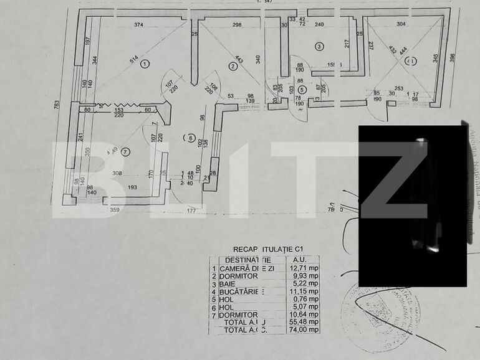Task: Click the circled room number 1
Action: tap(145, 64)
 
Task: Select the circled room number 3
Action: tap(319, 46)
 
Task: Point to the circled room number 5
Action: tap(302, 88)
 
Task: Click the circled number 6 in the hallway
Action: tap(191, 138)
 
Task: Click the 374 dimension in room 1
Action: tap(138, 25)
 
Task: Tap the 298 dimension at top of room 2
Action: tap(236, 25)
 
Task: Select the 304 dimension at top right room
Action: tap(400, 25)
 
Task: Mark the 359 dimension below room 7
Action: tap(114, 211)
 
